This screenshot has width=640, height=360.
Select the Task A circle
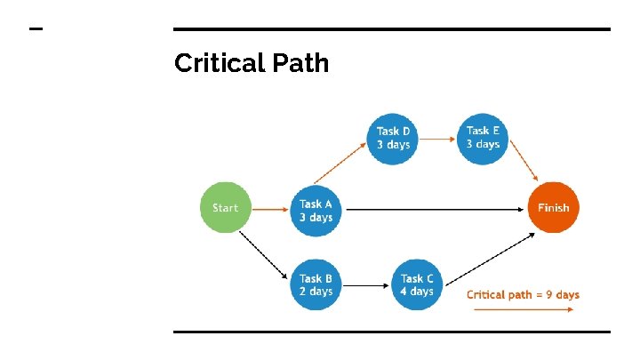(x=316, y=210)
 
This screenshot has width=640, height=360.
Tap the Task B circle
(x=316, y=284)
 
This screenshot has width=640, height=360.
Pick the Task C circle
(x=417, y=284)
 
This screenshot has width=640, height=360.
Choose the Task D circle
(x=392, y=138)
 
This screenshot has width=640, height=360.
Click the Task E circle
(x=483, y=138)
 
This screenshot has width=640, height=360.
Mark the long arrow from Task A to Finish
(x=436, y=210)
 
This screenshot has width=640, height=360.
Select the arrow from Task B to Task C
(x=366, y=285)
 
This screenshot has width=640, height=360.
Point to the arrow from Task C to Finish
(x=490, y=258)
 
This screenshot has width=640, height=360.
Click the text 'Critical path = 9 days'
(x=523, y=294)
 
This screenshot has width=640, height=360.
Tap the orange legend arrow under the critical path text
(x=523, y=310)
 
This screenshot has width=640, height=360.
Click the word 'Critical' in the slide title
(x=213, y=63)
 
